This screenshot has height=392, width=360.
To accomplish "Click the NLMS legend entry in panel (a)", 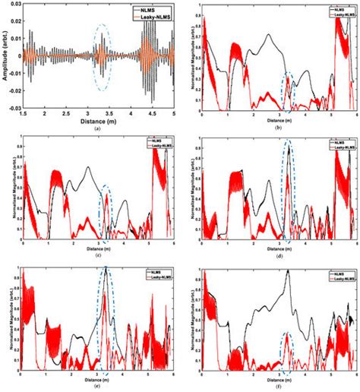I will pyautogui.click(x=150, y=9).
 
